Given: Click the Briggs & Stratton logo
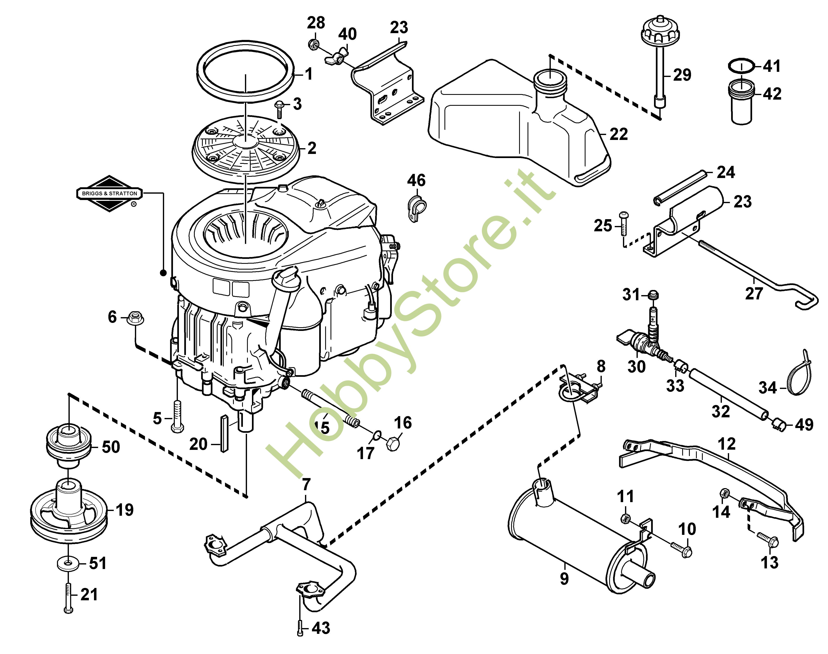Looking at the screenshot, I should (x=109, y=193).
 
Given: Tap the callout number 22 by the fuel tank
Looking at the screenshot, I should (x=618, y=134).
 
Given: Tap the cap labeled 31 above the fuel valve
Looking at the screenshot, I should (x=653, y=296).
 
